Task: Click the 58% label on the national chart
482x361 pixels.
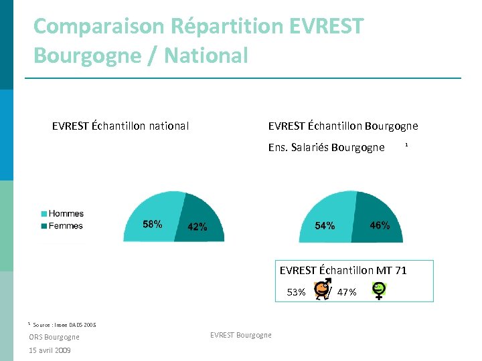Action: click(x=153, y=224)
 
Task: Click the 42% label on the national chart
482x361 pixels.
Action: click(x=197, y=227)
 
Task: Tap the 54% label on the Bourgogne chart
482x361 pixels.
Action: click(x=325, y=226)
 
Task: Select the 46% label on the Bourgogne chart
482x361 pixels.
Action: click(x=380, y=225)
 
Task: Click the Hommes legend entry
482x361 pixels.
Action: click(x=66, y=214)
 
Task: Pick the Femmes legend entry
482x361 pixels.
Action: click(x=66, y=226)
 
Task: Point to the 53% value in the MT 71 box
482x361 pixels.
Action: click(x=297, y=292)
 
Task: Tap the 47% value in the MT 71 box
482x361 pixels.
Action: click(x=347, y=292)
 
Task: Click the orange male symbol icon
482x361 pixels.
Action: click(x=322, y=289)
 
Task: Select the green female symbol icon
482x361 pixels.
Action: click(x=379, y=290)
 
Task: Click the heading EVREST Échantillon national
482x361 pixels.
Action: click(x=120, y=126)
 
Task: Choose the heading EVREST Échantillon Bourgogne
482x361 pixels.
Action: click(x=343, y=126)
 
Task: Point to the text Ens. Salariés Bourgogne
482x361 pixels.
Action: click(x=326, y=147)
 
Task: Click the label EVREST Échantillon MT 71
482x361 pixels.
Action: click(x=343, y=270)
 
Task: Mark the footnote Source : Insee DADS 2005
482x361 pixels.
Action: click(x=64, y=325)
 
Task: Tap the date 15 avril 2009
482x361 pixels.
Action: click(x=50, y=350)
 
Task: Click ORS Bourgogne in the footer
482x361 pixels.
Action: click(x=54, y=337)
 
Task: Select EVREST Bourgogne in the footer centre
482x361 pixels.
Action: click(x=241, y=335)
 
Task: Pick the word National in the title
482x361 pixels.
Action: click(x=207, y=55)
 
